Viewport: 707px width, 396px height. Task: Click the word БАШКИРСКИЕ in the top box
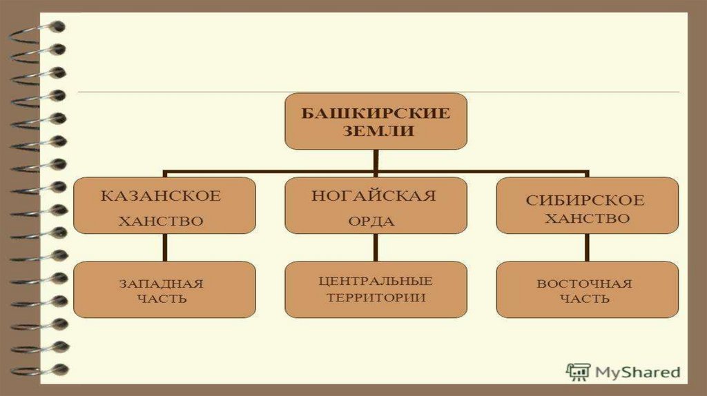[376, 112]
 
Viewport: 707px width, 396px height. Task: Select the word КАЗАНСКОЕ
[161, 196]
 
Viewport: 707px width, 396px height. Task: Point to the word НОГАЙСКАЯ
[374, 196]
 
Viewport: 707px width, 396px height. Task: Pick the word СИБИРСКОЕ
[585, 201]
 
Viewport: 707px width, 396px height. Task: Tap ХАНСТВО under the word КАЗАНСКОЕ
[161, 221]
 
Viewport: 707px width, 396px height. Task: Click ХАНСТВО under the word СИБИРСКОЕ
[586, 219]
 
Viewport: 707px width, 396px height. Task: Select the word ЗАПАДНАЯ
[161, 283]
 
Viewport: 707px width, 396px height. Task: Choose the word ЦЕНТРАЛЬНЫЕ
[376, 281]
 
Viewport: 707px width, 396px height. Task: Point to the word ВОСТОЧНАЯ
[585, 284]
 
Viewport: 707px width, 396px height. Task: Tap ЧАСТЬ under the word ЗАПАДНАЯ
[161, 299]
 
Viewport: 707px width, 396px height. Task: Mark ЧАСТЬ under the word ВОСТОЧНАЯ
[585, 299]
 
